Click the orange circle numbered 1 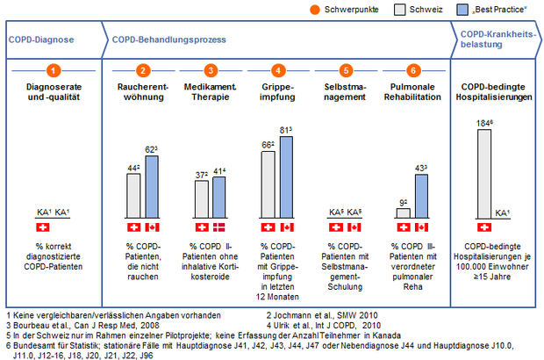(x=54, y=69)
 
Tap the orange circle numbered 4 (x=277, y=69)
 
